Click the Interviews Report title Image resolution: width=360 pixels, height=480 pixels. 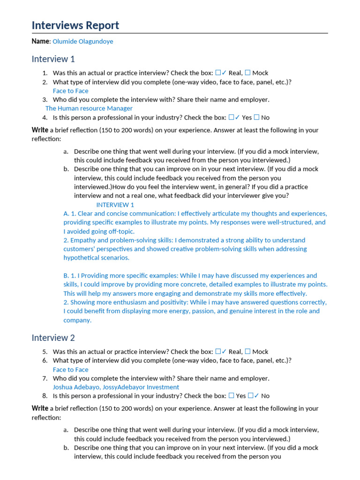(75, 25)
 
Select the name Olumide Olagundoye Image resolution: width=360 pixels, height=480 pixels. (82, 41)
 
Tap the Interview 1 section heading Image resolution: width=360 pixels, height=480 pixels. (53, 59)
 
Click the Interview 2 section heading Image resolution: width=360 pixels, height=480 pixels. (53, 337)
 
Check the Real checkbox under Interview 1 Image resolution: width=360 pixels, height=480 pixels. (218, 73)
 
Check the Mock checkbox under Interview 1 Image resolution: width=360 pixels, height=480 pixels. (248, 73)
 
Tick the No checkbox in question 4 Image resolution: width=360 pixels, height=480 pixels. (256, 118)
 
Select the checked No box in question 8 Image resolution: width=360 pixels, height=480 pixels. (251, 396)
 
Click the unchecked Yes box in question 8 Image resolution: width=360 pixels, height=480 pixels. (231, 396)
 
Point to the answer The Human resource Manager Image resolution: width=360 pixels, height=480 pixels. (89, 108)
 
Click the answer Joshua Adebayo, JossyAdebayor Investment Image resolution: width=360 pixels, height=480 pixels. (116, 387)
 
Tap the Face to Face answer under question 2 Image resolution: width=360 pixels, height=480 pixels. (70, 91)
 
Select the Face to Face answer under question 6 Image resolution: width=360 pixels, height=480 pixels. (70, 369)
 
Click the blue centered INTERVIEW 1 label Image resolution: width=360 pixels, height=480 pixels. (115, 205)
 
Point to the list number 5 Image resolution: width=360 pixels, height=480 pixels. (45, 352)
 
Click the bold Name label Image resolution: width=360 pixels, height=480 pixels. (40, 41)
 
